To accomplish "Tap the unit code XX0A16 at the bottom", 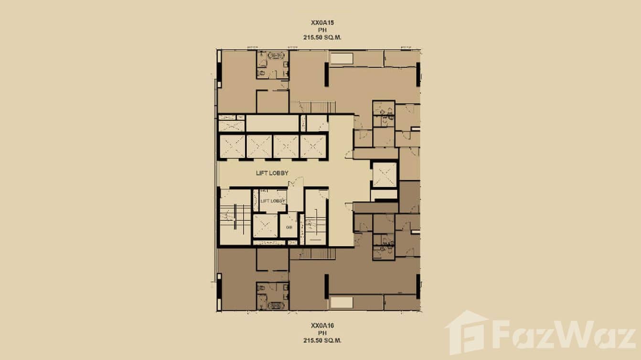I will [320, 325].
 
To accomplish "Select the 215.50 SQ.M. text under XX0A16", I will [320, 341].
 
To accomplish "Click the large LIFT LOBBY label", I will [271, 173].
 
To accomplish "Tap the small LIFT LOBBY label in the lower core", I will [273, 201].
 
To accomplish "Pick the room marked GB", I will [289, 227].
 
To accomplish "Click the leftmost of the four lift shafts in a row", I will [232, 146].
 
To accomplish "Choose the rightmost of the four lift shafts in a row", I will [313, 146].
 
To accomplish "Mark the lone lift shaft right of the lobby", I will [385, 175].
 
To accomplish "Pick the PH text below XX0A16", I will [320, 333].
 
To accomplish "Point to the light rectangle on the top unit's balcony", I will [342, 59].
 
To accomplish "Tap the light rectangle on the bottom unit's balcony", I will [342, 302].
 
